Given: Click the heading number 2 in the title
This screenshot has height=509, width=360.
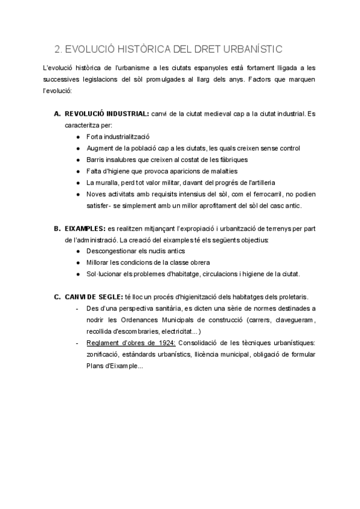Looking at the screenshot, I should (x=57, y=49).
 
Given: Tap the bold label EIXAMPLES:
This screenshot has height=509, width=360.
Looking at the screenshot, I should (x=84, y=229).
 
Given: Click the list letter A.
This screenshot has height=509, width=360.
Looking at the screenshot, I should (x=57, y=113).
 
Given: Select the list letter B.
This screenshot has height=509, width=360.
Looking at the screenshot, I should (x=57, y=229).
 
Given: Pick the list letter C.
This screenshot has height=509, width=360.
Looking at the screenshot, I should (x=57, y=297).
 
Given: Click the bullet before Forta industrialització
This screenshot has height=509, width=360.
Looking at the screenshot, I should (x=79, y=137).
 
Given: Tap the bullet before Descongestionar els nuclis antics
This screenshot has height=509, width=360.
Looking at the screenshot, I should (x=79, y=251).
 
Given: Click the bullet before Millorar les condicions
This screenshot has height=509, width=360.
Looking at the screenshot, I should (x=79, y=262).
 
